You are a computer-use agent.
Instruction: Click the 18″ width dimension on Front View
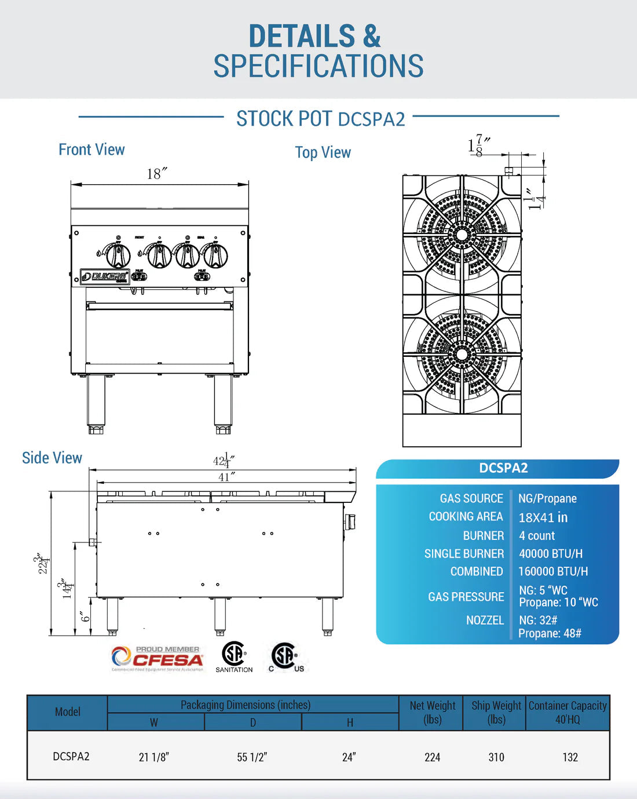(x=157, y=174)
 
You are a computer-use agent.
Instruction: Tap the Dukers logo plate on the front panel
(x=105, y=276)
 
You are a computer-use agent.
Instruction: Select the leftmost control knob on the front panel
(x=118, y=256)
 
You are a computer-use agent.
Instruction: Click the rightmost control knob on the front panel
(x=215, y=256)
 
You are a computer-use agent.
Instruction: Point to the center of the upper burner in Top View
(x=462, y=235)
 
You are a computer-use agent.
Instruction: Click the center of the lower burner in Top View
(x=462, y=353)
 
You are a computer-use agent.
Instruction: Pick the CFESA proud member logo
(x=158, y=659)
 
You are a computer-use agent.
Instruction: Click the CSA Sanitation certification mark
(x=234, y=656)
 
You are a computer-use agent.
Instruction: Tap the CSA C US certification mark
(x=285, y=657)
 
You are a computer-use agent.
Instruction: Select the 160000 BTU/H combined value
(x=553, y=571)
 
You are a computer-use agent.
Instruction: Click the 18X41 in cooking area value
(x=543, y=517)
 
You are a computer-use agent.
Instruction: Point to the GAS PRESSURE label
(x=466, y=597)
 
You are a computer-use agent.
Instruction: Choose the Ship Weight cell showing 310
(x=496, y=757)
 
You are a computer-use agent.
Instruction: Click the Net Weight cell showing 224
(x=433, y=757)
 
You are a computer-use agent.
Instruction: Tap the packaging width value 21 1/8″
(x=154, y=757)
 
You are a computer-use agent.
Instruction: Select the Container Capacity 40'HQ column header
(x=568, y=713)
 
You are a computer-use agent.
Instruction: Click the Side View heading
(x=52, y=458)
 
